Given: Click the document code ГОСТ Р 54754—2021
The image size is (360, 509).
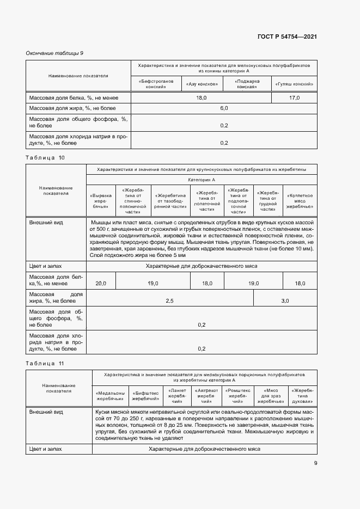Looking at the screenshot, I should coord(286,37).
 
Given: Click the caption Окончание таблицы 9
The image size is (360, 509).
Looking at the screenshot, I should coord(54,53).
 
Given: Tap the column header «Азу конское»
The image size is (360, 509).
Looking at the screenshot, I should coord(202,84).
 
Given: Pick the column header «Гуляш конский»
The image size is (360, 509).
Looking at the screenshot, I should coord(295,84).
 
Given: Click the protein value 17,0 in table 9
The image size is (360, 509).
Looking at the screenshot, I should coord(295,97).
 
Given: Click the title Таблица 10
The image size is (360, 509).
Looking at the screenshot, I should coord(45,157).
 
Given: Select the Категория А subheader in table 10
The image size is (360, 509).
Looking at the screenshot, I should coord(202,179).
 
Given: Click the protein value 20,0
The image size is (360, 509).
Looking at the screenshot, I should coord(101,284).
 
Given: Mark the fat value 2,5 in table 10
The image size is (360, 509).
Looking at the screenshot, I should coord(170,301).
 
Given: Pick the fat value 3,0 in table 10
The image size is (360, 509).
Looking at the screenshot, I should coord(285,301).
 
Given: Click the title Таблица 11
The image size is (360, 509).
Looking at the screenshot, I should coord(45,363).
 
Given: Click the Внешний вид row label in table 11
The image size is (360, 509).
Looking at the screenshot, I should coord(46,413).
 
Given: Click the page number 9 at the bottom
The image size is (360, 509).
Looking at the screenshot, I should coord(315,464).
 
